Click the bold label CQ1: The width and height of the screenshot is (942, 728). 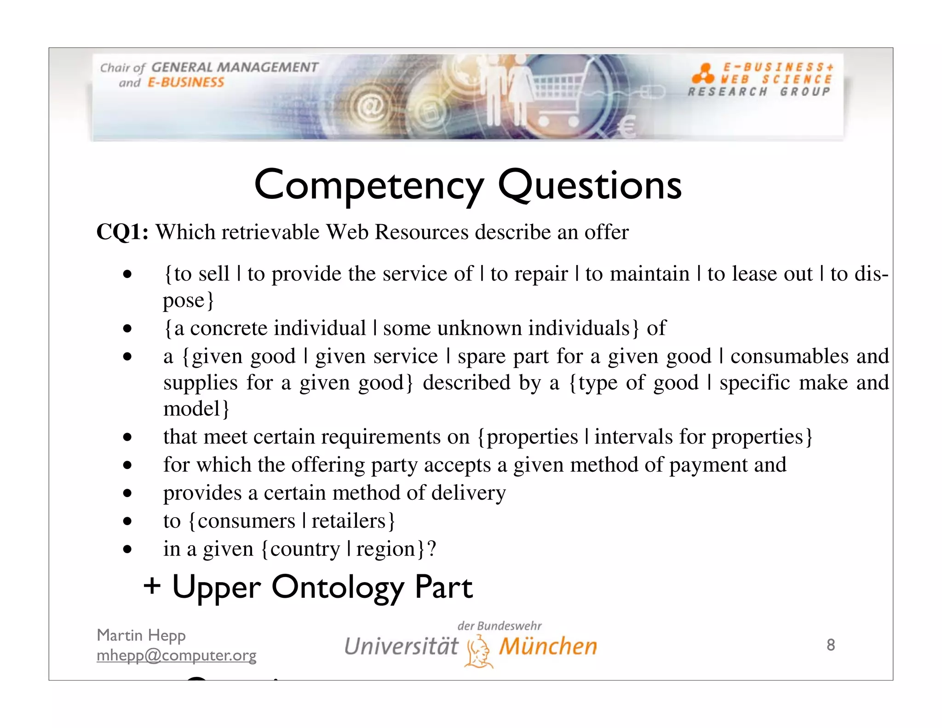click(122, 232)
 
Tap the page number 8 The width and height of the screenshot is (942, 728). click(830, 645)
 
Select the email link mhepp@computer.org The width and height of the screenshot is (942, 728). click(176, 655)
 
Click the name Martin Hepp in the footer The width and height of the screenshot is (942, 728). click(141, 636)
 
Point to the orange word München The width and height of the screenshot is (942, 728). click(548, 646)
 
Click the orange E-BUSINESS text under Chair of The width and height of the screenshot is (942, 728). click(186, 82)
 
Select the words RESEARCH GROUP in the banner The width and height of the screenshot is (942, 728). click(759, 92)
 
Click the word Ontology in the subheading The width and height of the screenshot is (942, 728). click(338, 588)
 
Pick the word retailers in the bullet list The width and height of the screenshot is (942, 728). click(348, 521)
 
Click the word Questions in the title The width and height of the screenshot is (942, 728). click(590, 185)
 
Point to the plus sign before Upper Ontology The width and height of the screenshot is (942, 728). click(152, 587)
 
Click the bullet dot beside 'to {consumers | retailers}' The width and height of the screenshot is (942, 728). click(127, 521)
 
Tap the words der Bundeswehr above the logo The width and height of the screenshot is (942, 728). click(500, 626)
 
